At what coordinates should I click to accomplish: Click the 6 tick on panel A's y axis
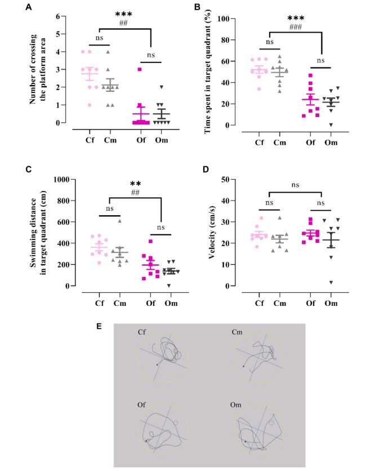[57, 16]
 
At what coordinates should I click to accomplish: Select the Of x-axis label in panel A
[135, 142]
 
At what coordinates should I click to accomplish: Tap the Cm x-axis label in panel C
[119, 305]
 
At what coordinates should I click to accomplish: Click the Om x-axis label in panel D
[331, 305]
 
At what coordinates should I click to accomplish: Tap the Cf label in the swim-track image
[141, 332]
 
